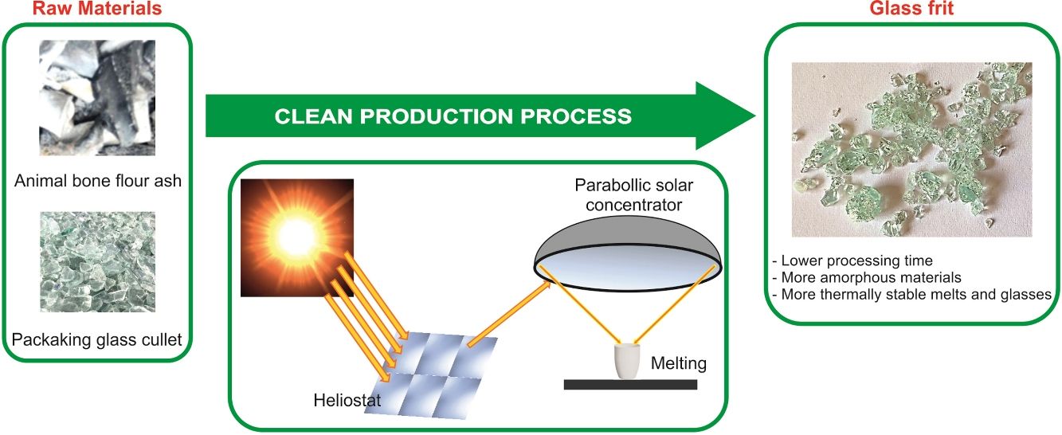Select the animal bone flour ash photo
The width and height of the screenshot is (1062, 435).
click(x=97, y=97)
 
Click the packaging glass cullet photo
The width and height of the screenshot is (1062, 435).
click(x=97, y=261)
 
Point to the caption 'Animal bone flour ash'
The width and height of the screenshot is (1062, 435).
click(x=97, y=182)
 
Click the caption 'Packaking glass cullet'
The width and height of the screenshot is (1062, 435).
click(x=97, y=340)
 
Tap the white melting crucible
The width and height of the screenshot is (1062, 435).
click(x=629, y=360)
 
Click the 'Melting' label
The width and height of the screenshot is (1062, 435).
click(x=679, y=364)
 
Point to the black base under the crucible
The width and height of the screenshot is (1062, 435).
click(x=629, y=385)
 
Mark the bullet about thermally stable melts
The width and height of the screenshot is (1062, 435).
click(x=911, y=295)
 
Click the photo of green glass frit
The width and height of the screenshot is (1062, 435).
click(x=911, y=149)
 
